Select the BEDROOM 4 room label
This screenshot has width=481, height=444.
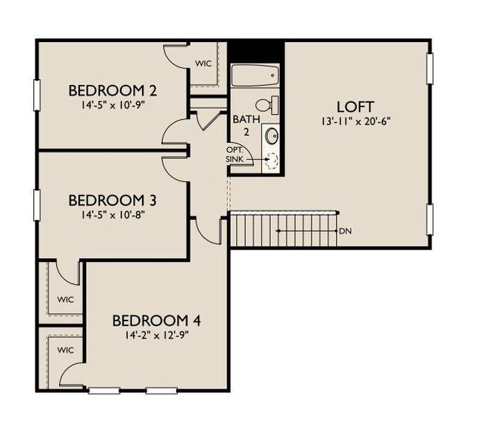(x=157, y=321)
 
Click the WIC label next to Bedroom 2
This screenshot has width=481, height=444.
(x=203, y=64)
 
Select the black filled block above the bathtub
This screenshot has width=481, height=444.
(x=255, y=51)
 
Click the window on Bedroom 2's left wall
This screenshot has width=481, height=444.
(x=36, y=95)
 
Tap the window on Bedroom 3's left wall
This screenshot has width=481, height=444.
(x=36, y=204)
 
